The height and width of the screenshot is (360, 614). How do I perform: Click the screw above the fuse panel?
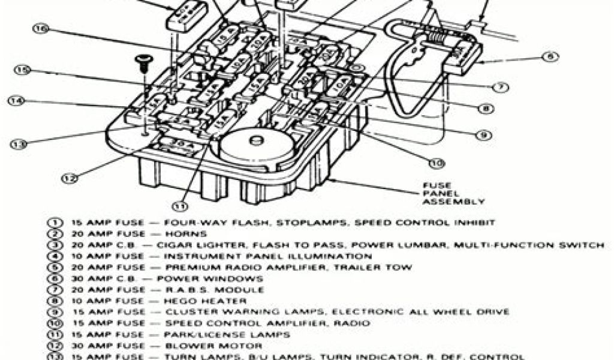(x=143, y=60)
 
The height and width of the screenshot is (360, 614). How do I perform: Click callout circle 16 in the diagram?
(x=40, y=28)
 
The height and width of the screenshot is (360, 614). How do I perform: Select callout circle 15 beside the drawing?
(x=22, y=70)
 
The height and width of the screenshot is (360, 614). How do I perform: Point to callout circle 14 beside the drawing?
(x=16, y=101)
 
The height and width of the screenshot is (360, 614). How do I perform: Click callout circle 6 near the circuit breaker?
(x=548, y=58)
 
